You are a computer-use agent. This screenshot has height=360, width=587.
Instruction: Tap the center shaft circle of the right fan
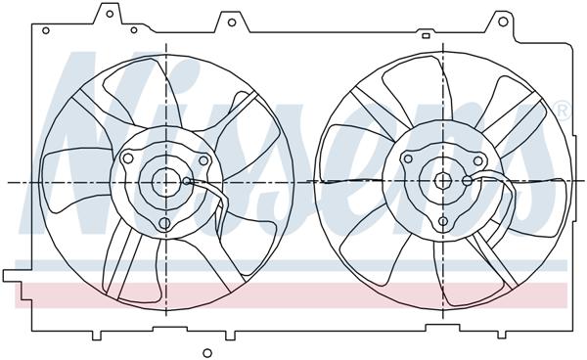pyautogui.click(x=442, y=180)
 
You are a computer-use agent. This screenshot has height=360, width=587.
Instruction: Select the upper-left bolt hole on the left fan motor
pyautogui.click(x=129, y=158)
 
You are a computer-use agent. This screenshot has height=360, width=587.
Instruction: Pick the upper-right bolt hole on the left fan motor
pyautogui.click(x=203, y=162)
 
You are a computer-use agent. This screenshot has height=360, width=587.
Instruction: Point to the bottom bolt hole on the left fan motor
pyautogui.click(x=165, y=224)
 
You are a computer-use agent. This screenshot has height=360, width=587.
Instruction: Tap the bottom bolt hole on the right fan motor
pyautogui.click(x=443, y=221)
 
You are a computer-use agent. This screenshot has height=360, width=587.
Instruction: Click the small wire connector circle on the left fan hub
pyautogui.click(x=187, y=181)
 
